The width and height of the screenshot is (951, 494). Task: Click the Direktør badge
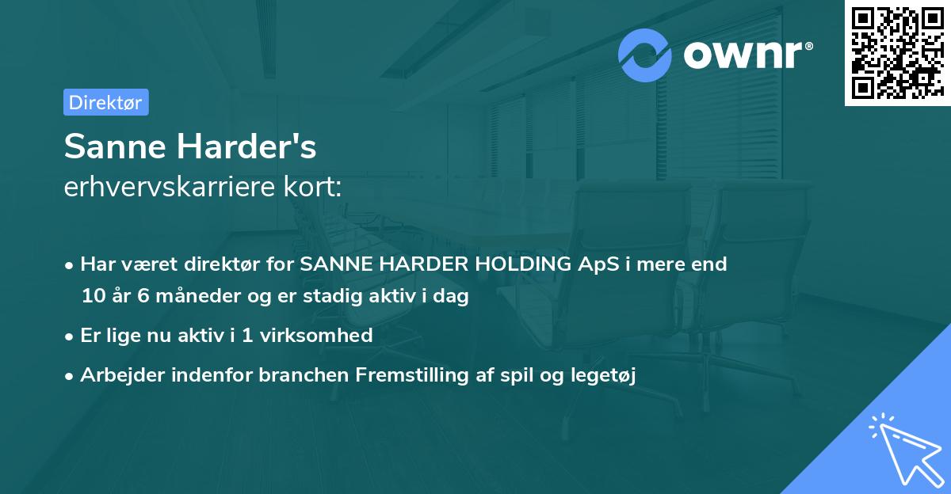point(105,102)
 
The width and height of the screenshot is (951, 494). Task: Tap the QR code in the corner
point(897,53)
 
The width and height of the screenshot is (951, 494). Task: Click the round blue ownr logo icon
point(645,55)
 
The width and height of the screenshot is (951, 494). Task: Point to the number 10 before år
point(93,297)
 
